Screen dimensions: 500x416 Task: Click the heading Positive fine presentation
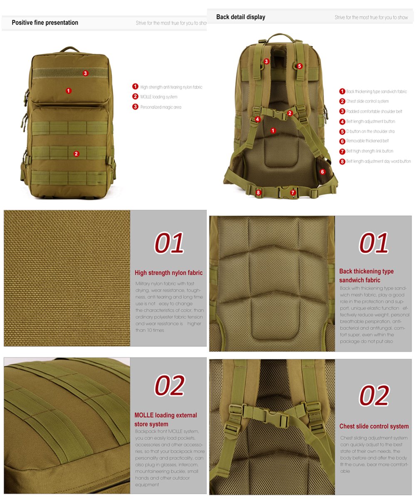[45, 23]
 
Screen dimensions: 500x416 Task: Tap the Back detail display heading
[240, 17]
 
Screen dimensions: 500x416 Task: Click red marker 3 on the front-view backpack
[85, 73]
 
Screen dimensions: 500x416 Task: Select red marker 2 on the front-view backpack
[76, 153]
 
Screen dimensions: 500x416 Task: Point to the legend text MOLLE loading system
[158, 97]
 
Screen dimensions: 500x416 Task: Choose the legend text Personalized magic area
[161, 107]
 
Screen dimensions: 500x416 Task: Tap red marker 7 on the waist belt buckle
[293, 192]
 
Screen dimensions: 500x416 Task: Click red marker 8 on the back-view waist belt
[258, 192]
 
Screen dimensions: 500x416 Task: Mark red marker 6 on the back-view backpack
[322, 171]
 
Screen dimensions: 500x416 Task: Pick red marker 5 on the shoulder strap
[300, 66]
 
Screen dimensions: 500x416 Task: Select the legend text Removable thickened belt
[367, 141]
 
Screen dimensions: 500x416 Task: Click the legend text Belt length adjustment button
[370, 121]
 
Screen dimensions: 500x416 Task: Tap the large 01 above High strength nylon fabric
[169, 243]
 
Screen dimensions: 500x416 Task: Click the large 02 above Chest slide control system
[374, 395]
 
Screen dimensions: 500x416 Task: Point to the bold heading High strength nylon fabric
[168, 273]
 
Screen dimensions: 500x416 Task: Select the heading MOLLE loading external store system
[166, 419]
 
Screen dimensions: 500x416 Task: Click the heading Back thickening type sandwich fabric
[366, 276]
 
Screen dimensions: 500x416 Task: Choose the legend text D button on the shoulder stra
[370, 131]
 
